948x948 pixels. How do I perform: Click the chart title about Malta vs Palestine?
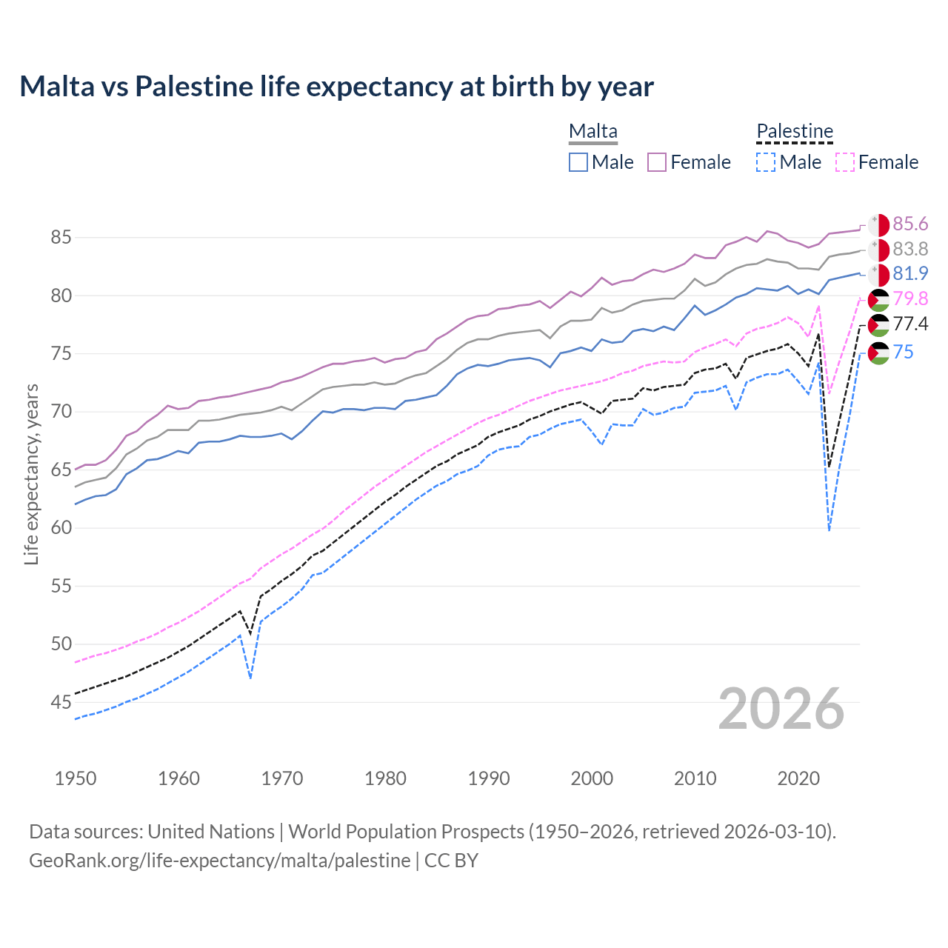coord(336,87)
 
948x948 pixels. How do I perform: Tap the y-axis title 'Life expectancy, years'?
coord(31,474)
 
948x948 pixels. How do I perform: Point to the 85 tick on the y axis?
coord(61,238)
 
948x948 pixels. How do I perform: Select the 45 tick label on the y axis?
coord(61,702)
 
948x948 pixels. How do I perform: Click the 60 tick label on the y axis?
coord(61,528)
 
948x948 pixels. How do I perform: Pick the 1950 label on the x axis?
coord(76,778)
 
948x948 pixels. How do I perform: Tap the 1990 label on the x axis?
coord(489,778)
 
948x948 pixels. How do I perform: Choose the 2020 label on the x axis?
coord(798,778)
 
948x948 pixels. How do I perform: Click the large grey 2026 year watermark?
coord(781,709)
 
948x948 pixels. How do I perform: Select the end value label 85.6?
coord(910,224)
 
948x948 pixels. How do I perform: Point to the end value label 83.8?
coord(910,249)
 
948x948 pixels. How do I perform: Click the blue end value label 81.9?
coord(910,273)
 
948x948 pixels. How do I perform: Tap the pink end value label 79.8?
coord(910,298)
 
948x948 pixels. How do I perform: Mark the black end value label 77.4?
coord(910,324)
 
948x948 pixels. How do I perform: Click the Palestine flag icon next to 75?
coord(878,353)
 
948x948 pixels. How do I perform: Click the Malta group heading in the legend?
coord(592,131)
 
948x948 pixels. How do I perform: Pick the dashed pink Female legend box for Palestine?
coord(845,162)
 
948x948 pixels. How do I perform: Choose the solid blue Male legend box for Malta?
coord(578,162)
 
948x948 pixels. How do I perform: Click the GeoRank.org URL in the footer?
coord(219,861)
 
